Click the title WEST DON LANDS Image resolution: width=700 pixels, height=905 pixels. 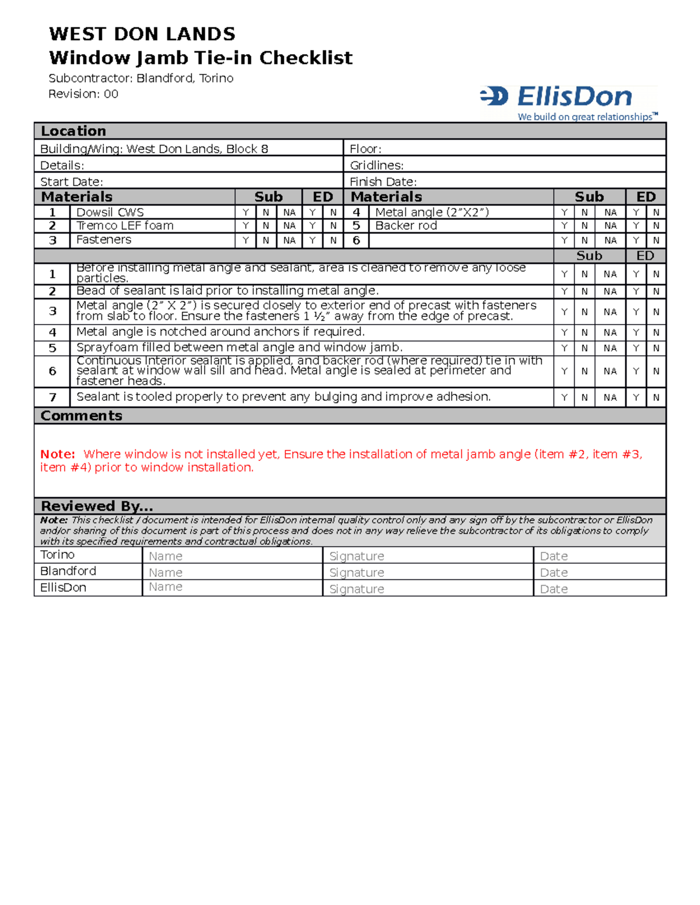tap(142, 34)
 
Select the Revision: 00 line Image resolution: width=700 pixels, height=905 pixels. tap(83, 94)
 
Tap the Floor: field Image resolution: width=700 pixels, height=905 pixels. tap(504, 149)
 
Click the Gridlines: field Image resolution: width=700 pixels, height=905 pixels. tap(504, 165)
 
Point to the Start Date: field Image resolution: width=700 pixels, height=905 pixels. tap(188, 182)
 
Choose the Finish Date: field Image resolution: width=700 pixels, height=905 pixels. tap(504, 182)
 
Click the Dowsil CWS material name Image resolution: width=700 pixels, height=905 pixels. tap(110, 212)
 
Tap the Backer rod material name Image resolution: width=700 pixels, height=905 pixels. tap(406, 226)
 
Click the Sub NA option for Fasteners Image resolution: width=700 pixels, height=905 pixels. tap(289, 240)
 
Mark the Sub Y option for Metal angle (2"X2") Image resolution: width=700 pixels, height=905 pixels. tap(564, 213)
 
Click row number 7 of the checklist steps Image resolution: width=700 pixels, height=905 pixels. tap(52, 397)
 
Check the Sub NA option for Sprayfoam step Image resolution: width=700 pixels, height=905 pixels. tap(610, 348)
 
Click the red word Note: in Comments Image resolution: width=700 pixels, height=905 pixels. tap(57, 454)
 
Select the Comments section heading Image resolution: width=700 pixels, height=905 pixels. tap(82, 415)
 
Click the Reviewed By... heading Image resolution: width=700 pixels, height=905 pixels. tap(97, 506)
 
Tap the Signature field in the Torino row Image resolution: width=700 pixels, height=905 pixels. tap(428, 556)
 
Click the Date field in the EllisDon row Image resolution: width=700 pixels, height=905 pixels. tap(599, 589)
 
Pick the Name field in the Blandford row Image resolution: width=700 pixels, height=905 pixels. tap(232, 572)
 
